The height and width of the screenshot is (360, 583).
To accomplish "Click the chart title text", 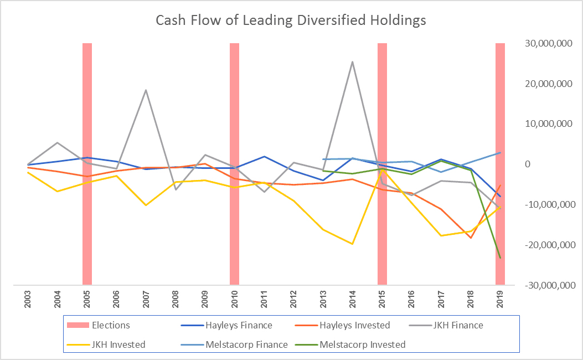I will (291, 20).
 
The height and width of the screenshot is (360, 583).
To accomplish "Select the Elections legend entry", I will (111, 325).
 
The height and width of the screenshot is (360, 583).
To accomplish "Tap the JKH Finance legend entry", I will (457, 325).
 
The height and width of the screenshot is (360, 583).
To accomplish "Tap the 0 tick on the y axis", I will (528, 164).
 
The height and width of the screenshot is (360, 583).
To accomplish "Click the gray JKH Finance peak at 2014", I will (353, 62).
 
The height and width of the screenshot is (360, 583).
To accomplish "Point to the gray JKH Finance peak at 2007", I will (146, 90).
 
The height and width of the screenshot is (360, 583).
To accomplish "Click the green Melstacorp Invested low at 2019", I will (500, 258).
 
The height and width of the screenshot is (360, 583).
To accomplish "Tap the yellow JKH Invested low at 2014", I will (353, 244).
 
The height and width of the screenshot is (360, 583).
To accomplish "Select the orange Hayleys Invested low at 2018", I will (471, 238).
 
